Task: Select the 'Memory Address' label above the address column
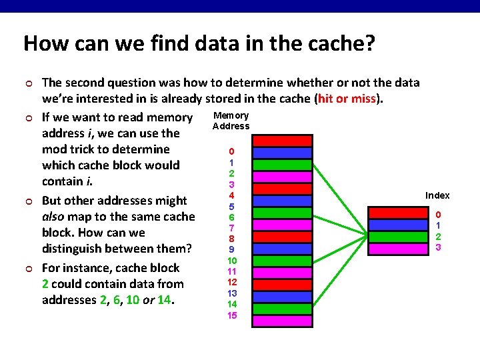click(231, 121)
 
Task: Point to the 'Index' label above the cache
click(437, 195)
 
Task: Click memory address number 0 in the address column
click(231, 151)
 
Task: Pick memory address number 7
click(231, 227)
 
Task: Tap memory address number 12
click(231, 282)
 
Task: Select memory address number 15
click(231, 315)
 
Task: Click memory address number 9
click(231, 249)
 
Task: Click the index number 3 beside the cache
click(438, 247)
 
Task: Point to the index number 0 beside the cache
click(438, 215)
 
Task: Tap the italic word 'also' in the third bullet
click(54, 217)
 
